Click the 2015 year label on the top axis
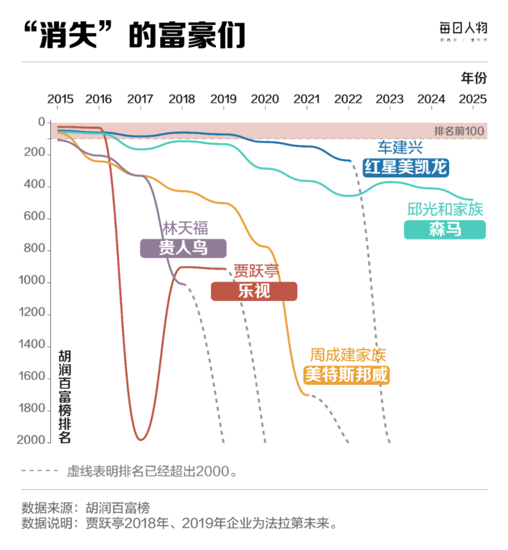click(x=60, y=99)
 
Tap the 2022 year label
click(x=348, y=99)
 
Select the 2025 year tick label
click(x=473, y=99)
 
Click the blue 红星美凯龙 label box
click(x=406, y=168)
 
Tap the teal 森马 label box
click(x=444, y=230)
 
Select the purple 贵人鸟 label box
click(x=183, y=248)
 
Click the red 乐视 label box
click(x=254, y=291)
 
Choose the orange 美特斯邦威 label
click(x=347, y=375)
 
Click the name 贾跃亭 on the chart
click(x=257, y=272)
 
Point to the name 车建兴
click(x=400, y=148)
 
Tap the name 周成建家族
click(x=348, y=355)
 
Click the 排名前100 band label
click(x=459, y=131)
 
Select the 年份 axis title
click(x=474, y=78)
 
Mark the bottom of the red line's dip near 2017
click(x=140, y=439)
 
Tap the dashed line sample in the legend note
click(x=40, y=470)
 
